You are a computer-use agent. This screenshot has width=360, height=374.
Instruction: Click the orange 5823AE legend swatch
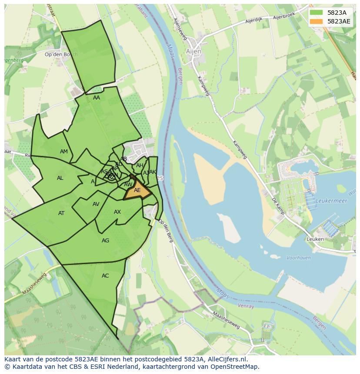(316, 21)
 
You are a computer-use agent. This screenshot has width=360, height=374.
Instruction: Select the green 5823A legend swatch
(316, 13)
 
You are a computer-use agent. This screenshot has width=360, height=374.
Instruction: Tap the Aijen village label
(194, 51)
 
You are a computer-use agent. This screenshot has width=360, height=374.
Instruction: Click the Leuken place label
(315, 239)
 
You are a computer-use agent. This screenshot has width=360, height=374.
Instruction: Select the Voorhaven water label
(299, 258)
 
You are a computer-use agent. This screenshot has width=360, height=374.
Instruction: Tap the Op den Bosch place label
(61, 54)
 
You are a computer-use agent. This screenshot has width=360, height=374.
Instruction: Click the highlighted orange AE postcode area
(137, 191)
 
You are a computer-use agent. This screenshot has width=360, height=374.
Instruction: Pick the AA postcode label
(97, 98)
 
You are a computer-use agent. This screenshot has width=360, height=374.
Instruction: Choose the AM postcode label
(64, 152)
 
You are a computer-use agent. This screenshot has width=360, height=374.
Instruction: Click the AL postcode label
(60, 178)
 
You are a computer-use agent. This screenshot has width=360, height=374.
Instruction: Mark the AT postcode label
(61, 213)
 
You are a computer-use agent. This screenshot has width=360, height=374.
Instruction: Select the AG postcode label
(105, 241)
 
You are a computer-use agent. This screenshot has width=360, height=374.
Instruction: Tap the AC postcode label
(105, 276)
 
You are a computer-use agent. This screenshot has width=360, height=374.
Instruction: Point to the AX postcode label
(117, 212)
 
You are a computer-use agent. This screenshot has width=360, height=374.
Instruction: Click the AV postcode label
(96, 204)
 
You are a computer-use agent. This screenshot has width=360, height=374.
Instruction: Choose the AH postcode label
(140, 165)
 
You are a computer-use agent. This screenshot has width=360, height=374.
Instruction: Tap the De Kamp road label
(277, 207)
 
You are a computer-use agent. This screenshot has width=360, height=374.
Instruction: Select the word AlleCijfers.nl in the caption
(226, 359)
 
